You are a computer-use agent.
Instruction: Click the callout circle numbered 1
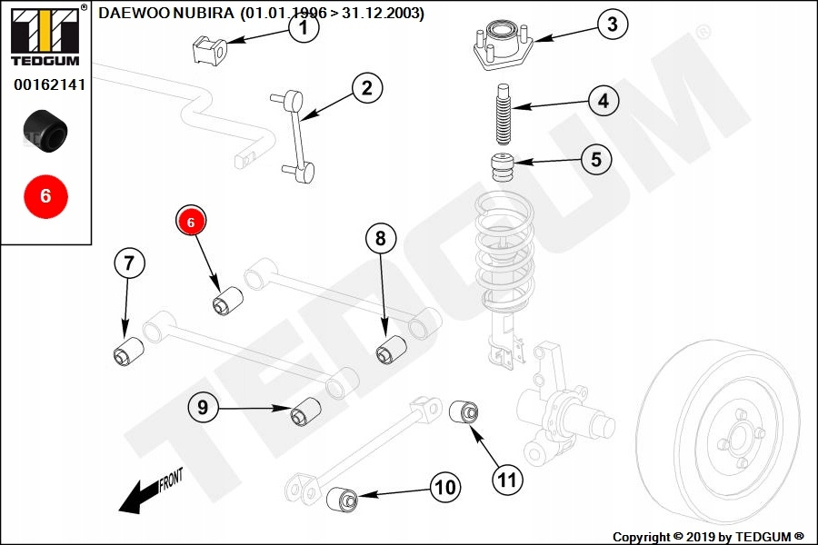[x=304, y=29]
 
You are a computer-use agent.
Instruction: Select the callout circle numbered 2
[x=366, y=88]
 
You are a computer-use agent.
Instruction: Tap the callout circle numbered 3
[x=612, y=25]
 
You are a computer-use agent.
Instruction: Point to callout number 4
[x=603, y=101]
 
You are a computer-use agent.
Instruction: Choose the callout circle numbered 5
[x=595, y=160]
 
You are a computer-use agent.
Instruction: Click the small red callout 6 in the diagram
[x=191, y=221]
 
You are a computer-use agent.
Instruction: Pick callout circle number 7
[x=129, y=264]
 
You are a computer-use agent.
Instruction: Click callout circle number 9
[x=204, y=408]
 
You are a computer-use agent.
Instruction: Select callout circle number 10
[x=444, y=488]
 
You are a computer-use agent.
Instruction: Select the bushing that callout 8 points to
[x=390, y=349]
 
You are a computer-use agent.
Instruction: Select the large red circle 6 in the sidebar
[x=45, y=195]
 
